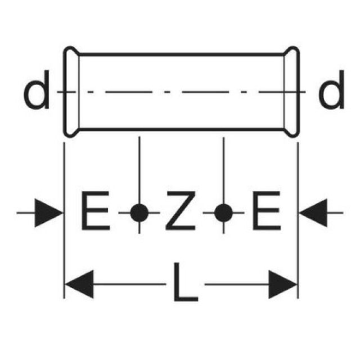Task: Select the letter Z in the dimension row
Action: pos(181,213)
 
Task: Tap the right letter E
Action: pos(265,213)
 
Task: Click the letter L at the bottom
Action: pos(183,284)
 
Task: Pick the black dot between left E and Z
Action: pos(139,213)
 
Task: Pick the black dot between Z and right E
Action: pos(223,213)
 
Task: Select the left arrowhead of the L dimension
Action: pos(79,284)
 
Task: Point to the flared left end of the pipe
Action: pos(70,92)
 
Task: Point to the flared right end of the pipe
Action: pos(292,92)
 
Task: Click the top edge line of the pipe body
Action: pos(180,55)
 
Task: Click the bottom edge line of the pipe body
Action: pos(180,129)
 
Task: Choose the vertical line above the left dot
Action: pos(139,169)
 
